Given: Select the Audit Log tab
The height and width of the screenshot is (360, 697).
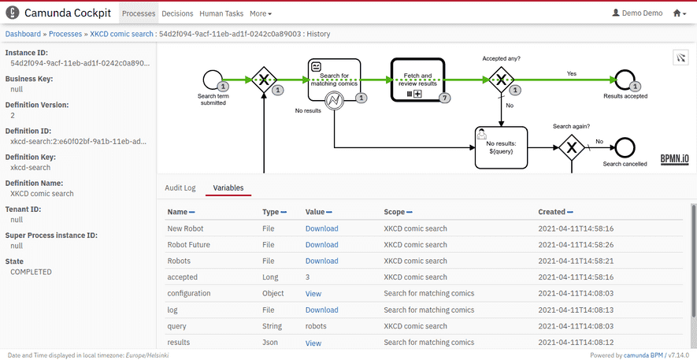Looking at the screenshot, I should (180, 187).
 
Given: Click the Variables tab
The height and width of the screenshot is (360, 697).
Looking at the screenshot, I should (228, 187).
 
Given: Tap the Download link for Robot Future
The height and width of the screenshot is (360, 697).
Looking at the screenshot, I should (321, 244).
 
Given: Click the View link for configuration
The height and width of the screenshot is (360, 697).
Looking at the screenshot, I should (313, 293).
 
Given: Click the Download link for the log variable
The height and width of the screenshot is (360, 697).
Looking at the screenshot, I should (321, 310).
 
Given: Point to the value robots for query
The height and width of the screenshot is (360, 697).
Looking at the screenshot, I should (315, 326).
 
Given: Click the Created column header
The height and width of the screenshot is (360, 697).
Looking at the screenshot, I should (551, 212).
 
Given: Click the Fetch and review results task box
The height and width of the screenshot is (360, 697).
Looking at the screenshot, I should (417, 80).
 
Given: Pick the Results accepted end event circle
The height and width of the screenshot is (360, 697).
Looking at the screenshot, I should (625, 80).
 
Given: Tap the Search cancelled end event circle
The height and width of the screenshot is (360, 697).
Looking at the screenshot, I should (625, 147).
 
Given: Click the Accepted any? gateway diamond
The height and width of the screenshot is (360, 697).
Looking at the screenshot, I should (500, 80).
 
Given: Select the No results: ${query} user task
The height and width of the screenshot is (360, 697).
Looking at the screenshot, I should (501, 147).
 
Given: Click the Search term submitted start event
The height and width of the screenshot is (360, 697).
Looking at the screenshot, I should (213, 80).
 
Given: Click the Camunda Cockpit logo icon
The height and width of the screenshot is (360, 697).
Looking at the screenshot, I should (13, 13).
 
